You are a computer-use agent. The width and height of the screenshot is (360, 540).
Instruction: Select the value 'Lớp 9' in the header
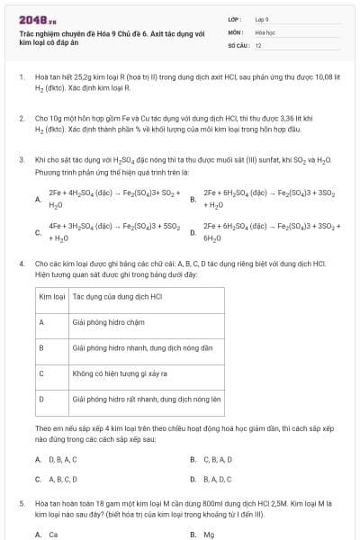click(x=262, y=18)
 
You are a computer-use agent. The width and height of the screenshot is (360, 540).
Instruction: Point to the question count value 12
click(x=258, y=44)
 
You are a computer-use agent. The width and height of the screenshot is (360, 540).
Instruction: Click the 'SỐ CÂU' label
click(x=237, y=44)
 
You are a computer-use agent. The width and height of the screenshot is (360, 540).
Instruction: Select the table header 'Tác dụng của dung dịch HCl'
click(x=117, y=295)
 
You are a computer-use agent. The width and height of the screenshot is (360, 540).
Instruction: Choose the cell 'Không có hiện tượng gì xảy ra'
click(x=121, y=373)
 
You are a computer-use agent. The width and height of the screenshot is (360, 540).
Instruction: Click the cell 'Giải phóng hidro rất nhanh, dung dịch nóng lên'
click(x=147, y=398)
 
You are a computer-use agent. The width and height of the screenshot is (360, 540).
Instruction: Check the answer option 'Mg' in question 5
click(x=208, y=534)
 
